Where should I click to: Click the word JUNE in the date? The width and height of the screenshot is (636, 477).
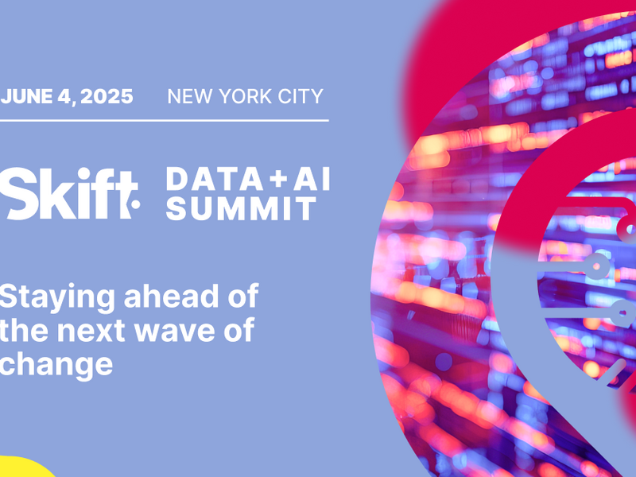26,96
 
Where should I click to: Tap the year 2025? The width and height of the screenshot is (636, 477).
107,96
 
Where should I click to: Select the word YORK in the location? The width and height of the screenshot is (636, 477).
246,96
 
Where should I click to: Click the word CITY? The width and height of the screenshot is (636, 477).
301,96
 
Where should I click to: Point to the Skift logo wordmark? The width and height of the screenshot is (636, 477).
69,193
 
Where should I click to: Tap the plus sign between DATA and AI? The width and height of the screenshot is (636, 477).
279,179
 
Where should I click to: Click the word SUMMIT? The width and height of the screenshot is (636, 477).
242,208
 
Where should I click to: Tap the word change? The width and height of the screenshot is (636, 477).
56,365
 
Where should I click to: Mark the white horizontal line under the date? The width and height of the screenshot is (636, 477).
165,121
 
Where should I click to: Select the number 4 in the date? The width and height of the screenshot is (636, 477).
65,96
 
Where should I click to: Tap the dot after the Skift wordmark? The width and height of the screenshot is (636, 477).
136,204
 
